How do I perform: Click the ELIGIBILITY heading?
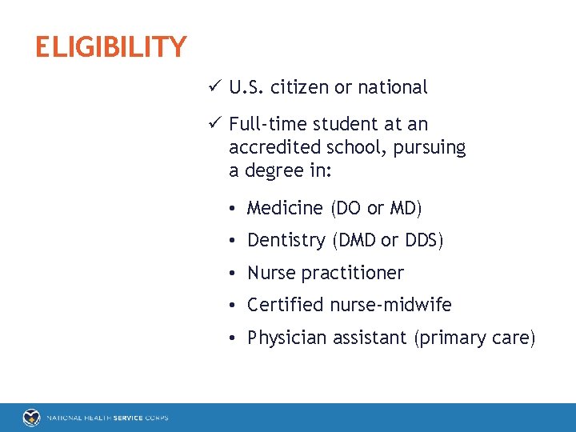click(110, 47)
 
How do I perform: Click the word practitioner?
click(353, 274)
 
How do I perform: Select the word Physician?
click(286, 338)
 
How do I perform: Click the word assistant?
click(369, 338)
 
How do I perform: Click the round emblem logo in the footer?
click(31, 418)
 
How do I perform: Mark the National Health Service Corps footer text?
click(107, 418)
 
